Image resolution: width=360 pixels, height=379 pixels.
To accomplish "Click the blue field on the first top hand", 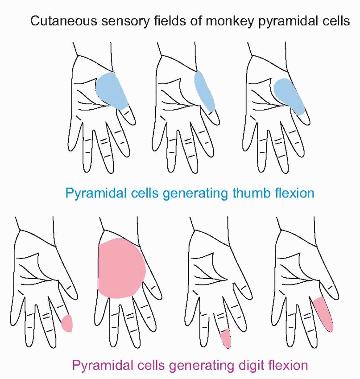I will click(x=112, y=90).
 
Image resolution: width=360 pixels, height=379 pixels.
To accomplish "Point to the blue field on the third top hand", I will click(x=289, y=96).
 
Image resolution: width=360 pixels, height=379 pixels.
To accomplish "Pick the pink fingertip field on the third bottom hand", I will click(x=226, y=338).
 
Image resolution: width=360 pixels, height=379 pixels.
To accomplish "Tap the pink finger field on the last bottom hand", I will click(x=324, y=314).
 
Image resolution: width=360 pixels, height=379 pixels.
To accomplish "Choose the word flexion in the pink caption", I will click(x=286, y=366).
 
